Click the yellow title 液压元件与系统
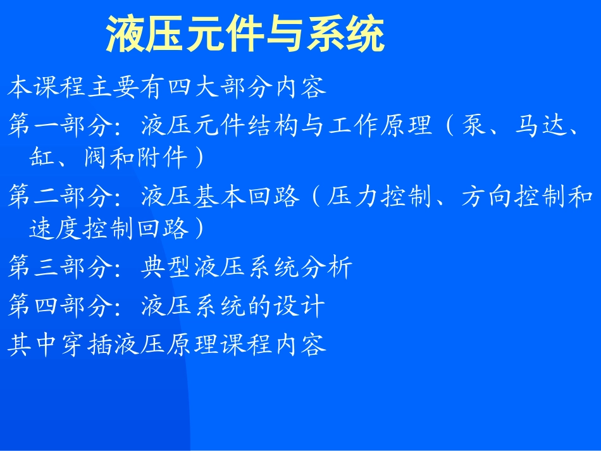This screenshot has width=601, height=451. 245,34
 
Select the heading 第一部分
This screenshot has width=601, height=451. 61,126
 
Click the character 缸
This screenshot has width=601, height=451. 42,158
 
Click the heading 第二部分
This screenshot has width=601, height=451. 61,197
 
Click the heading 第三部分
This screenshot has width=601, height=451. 61,268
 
